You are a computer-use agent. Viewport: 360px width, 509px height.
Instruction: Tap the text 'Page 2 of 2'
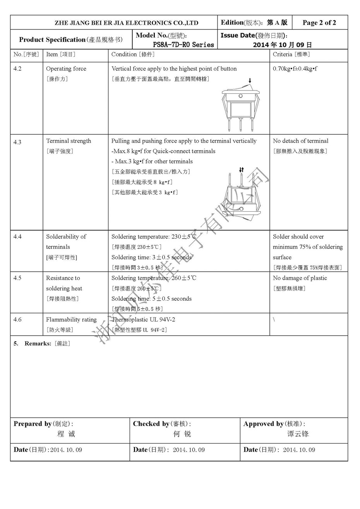pos(319,22)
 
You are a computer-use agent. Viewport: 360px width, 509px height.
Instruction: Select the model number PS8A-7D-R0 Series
pos(183,45)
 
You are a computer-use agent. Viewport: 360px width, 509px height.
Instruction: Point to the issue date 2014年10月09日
pos(282,45)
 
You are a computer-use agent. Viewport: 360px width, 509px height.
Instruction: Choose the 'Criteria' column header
pos(291,55)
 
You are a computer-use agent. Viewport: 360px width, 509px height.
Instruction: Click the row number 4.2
pos(17,69)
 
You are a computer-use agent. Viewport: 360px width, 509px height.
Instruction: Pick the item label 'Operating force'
pos(66,69)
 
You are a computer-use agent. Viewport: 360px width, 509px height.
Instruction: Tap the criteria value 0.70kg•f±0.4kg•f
pos(295,69)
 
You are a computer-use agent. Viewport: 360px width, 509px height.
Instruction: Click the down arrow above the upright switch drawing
pos(250,81)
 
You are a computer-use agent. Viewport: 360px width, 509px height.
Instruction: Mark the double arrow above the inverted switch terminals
pos(242,170)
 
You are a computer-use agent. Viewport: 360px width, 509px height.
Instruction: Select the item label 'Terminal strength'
pos(69,141)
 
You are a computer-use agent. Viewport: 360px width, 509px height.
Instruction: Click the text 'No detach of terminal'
pos(300,141)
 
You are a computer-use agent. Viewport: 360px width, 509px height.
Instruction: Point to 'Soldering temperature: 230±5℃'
pos(154,237)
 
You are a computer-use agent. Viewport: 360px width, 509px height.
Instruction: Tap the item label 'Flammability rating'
pos(71,319)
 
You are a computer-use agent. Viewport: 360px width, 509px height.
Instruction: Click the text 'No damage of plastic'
pos(300,278)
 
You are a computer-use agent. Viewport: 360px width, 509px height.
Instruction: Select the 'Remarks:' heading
pos(38,343)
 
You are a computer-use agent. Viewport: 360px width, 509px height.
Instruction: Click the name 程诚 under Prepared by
pos(66,434)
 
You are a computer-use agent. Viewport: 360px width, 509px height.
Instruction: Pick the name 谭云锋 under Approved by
pos(298,434)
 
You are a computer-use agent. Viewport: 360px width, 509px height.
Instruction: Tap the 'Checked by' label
pos(151,424)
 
